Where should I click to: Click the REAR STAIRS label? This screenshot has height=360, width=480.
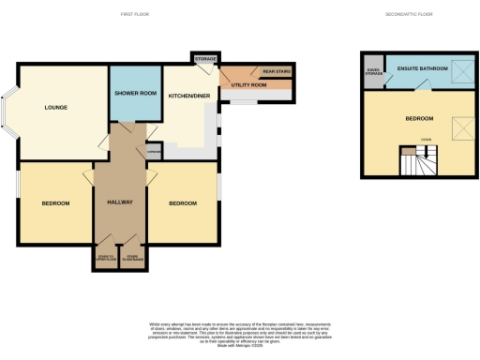pyautogui.click(x=275, y=71)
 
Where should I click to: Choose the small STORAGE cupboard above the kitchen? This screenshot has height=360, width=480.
pyautogui.click(x=204, y=60)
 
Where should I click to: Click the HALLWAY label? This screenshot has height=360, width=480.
pyautogui.click(x=120, y=201)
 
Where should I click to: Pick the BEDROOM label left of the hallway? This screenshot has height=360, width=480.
pyautogui.click(x=55, y=203)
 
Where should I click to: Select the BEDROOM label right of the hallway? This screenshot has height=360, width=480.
pyautogui.click(x=183, y=203)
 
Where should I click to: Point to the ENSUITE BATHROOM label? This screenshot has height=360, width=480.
pyautogui.click(x=421, y=69)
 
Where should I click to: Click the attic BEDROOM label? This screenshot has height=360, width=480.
pyautogui.click(x=419, y=118)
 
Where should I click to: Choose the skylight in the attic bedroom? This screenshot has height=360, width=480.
pyautogui.click(x=460, y=127)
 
